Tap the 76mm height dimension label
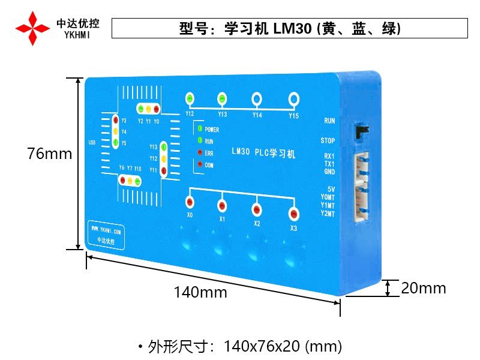pos(49,154)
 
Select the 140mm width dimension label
pos(200,292)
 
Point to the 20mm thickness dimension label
pos(424,288)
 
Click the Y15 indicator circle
pos(293,98)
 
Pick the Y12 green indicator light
pos(190,98)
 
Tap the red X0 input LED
pos(190,202)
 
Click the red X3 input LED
pos(293,214)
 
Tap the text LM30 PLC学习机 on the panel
pos(263,153)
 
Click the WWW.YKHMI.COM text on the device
pos(106,230)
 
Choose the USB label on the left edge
pos(92,143)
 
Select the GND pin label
pos(329,172)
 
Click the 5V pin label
pos(331,190)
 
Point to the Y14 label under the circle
pos(257,115)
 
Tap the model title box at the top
pos(290,28)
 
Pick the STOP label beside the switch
pos(328,141)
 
